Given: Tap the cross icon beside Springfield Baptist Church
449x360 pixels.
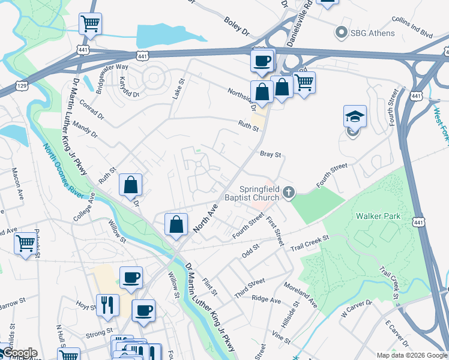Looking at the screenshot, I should point(289,193).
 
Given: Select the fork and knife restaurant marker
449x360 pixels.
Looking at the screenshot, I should point(107,304).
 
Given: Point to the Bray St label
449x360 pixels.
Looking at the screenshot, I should point(270,155).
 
